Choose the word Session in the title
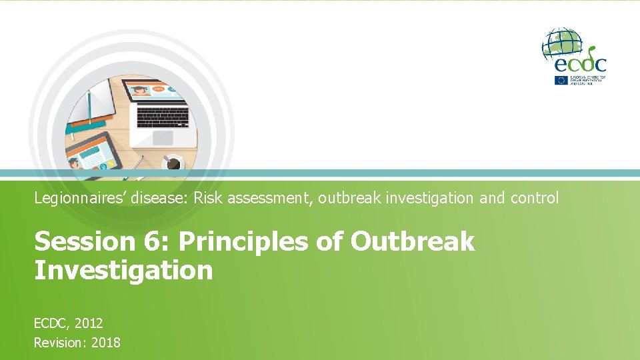pyautogui.click(x=73, y=241)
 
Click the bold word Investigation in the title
pyautogui.click(x=123, y=270)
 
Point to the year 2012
pyautogui.click(x=89, y=323)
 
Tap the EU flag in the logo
pyautogui.click(x=560, y=80)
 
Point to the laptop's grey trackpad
pyautogui.click(x=162, y=137)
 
